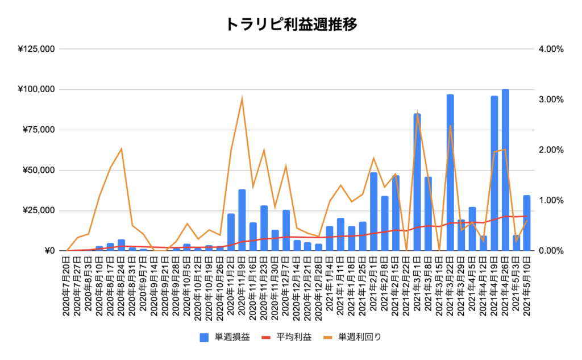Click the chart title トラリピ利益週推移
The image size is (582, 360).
tap(291, 24)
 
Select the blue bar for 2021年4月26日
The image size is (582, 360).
tap(505, 170)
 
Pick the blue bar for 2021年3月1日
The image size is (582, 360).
tap(417, 182)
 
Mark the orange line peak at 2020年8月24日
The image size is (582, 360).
tap(121, 149)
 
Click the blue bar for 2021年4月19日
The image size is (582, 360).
tap(494, 173)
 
